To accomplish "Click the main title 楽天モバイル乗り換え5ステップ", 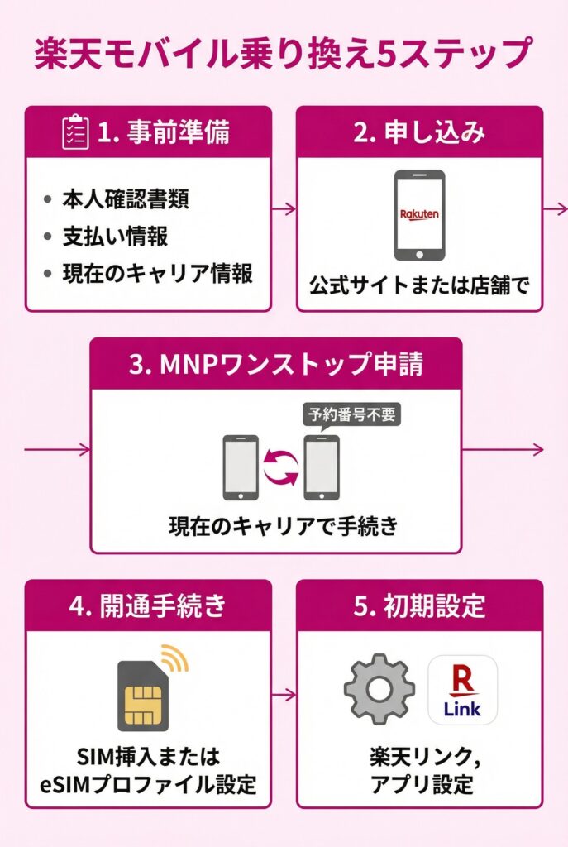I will coord(282,55).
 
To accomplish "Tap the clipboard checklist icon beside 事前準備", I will coord(76,132).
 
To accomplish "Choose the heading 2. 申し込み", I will coord(419,132).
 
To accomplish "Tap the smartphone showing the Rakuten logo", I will coord(419,215).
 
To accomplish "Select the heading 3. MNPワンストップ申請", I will coord(275,365).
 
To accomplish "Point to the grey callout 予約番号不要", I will coord(351,414).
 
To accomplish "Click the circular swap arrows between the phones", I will coord(281,467).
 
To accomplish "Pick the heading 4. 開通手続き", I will coord(148,605).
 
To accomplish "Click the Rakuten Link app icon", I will coord(462,690).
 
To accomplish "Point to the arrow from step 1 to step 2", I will coord(284,209).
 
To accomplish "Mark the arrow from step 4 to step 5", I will coord(284,695).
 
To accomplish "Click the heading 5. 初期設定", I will coord(419,605).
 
